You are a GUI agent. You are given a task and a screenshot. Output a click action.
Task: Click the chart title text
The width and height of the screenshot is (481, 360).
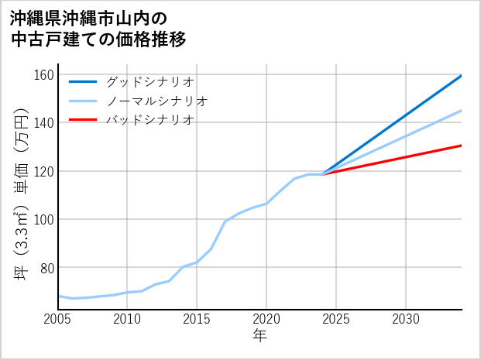pyautogui.click(x=98, y=29)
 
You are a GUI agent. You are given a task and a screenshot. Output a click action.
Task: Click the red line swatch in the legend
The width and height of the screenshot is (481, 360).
pyautogui.click(x=83, y=120)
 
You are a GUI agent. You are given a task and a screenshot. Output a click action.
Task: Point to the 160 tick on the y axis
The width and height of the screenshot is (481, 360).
pyautogui.click(x=44, y=75)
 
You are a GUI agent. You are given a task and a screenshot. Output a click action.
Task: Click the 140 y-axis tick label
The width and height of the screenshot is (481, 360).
pyautogui.click(x=44, y=123)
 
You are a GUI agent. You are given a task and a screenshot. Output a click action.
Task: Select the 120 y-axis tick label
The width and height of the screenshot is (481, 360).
pyautogui.click(x=44, y=171)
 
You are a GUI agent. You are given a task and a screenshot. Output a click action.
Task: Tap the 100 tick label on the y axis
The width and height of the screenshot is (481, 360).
pyautogui.click(x=44, y=219)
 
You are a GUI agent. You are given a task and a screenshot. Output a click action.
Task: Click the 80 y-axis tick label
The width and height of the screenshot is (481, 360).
pyautogui.click(x=46, y=268)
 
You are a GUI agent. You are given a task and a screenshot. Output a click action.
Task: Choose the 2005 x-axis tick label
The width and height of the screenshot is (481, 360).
pyautogui.click(x=58, y=319)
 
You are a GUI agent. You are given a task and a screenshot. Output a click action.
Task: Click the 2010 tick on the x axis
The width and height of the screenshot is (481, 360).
pyautogui.click(x=127, y=319)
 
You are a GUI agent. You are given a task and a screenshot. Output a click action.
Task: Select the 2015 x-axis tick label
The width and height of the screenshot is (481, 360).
pyautogui.click(x=197, y=319)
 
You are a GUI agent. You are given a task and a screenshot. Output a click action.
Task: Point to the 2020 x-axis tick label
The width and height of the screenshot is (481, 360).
pyautogui.click(x=266, y=319)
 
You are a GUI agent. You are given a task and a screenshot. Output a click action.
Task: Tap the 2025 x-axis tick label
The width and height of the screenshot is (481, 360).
pyautogui.click(x=336, y=319)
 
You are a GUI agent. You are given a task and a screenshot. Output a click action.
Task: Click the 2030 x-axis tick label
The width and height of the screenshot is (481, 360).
pyautogui.click(x=406, y=319)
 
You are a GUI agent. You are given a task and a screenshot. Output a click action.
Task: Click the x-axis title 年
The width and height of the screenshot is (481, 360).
pyautogui.click(x=260, y=336)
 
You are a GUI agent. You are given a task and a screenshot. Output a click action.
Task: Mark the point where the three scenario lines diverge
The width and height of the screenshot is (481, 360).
pyautogui.click(x=322, y=174)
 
